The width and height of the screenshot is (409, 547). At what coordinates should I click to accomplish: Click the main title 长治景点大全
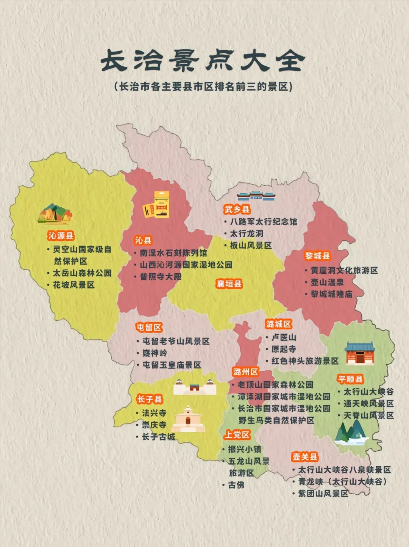point(203,61)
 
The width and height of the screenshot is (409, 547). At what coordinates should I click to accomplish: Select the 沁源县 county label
point(61,236)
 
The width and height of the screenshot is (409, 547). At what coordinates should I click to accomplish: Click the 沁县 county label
point(143,240)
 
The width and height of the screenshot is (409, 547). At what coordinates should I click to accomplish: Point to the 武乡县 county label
point(237,209)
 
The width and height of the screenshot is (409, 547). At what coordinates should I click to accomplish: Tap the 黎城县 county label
point(317,256)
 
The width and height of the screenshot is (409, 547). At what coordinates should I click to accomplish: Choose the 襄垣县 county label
point(229,284)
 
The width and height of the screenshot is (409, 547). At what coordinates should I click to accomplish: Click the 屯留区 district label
point(149,327)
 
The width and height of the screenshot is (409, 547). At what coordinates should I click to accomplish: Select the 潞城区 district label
point(279,324)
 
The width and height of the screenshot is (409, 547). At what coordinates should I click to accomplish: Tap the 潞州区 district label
point(245,372)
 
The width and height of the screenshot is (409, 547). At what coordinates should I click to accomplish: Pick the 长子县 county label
point(150,399)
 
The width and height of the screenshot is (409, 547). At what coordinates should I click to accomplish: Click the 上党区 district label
point(237,435)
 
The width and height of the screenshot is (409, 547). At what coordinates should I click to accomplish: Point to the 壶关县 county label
point(304,457)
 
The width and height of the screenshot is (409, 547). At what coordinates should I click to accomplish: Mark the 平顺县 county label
point(350,379)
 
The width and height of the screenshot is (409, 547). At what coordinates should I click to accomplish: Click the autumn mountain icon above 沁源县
point(55,214)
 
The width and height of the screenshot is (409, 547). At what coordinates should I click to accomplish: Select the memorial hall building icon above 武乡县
point(256,196)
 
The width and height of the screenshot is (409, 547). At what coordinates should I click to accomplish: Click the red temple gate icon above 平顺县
point(360,353)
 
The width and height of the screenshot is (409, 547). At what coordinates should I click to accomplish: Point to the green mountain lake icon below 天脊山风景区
point(351,433)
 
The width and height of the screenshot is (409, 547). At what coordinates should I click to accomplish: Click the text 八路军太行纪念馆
point(264,221)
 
